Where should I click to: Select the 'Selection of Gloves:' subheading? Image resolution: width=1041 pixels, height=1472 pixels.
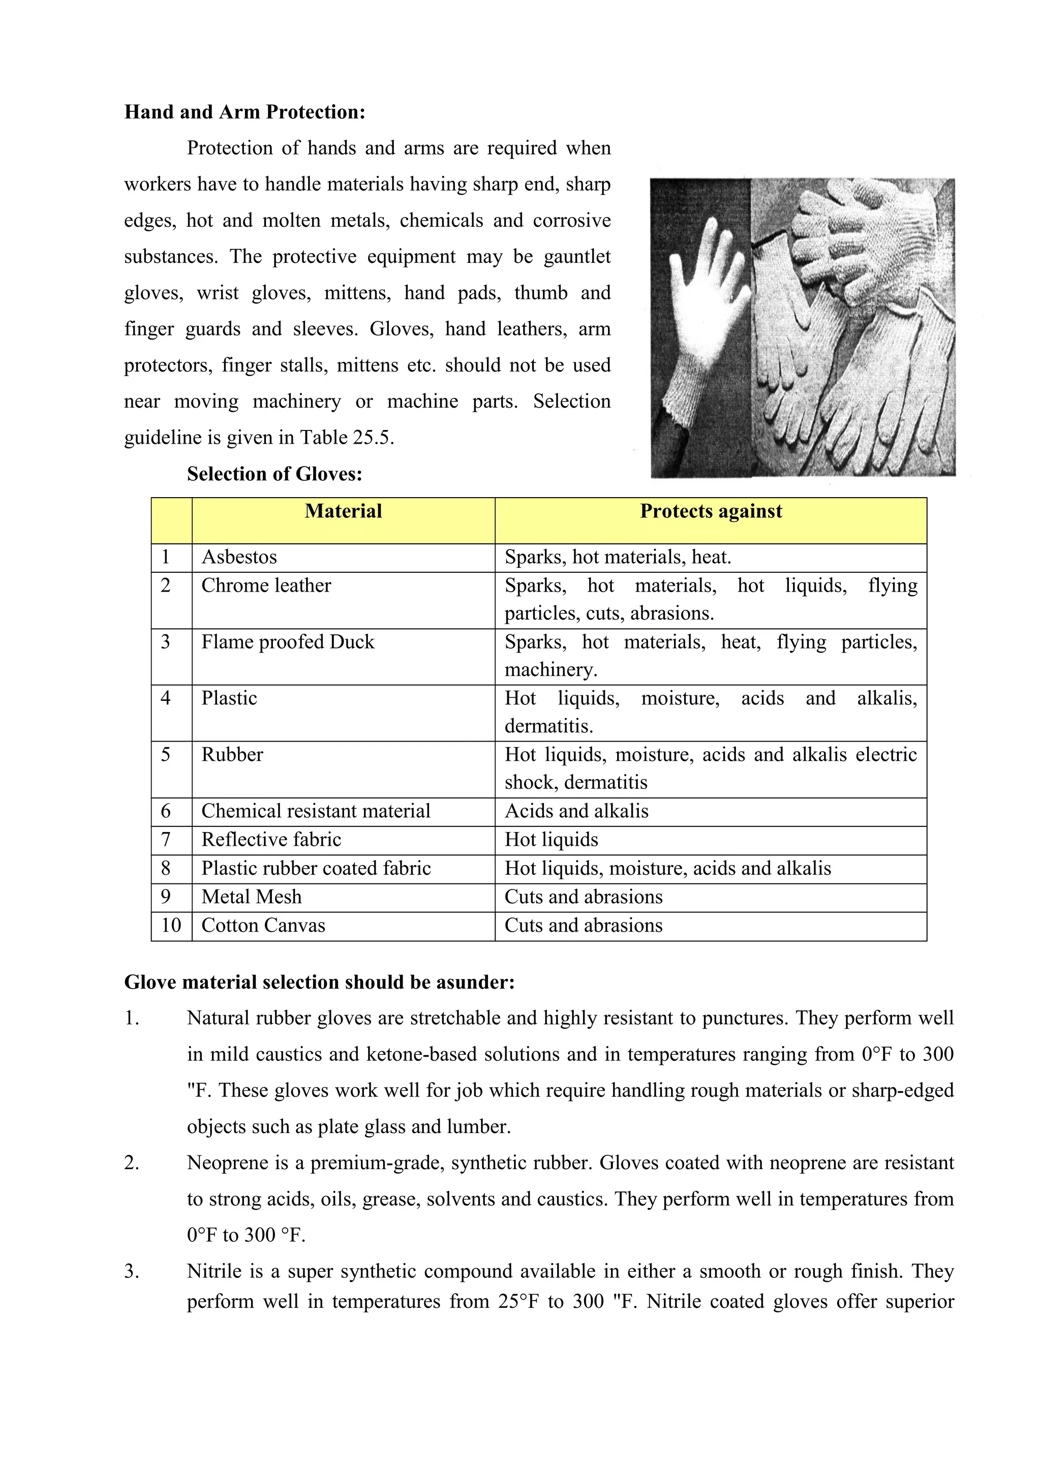click(274, 474)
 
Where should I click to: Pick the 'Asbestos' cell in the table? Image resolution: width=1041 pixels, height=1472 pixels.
click(239, 557)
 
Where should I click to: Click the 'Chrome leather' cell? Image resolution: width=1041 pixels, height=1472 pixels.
click(266, 586)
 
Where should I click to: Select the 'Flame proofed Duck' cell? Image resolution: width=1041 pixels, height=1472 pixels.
click(287, 642)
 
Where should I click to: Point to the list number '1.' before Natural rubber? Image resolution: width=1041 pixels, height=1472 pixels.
click(132, 1018)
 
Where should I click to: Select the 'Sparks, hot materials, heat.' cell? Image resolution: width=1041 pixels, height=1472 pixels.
click(617, 557)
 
